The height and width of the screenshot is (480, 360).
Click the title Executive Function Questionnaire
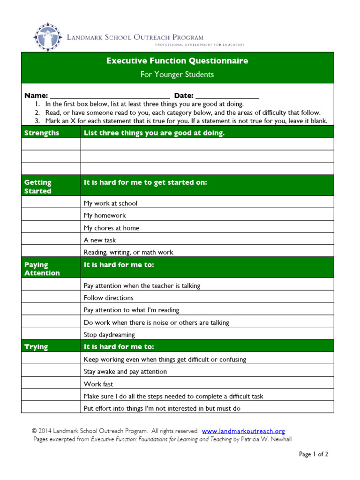[177, 61]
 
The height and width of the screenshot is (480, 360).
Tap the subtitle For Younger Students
[177, 75]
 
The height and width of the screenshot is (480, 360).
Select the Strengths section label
[42, 133]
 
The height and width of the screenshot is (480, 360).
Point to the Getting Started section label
[38, 187]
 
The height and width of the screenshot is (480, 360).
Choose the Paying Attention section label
[42, 269]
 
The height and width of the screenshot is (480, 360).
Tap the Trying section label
[36, 347]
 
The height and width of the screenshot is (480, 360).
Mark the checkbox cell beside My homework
[51, 216]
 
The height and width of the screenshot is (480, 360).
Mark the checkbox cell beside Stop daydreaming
[51, 335]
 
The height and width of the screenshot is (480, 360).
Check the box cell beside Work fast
[51, 384]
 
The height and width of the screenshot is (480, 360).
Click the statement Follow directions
[108, 298]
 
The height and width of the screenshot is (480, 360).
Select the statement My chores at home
[111, 228]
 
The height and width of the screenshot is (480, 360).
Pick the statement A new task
[100, 240]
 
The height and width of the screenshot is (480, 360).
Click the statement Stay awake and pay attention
[125, 372]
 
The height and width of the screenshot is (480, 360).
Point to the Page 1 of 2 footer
[314, 454]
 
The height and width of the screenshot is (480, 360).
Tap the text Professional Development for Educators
[200, 45]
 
